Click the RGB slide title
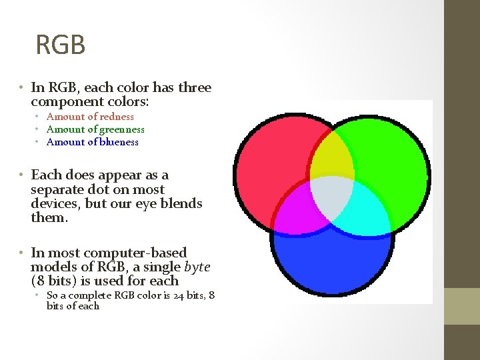[x=61, y=45]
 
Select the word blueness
[x=117, y=142]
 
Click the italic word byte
[x=197, y=267]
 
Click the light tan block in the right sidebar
[x=461, y=306]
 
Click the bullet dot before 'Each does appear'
[x=22, y=175]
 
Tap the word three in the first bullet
[x=194, y=87]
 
